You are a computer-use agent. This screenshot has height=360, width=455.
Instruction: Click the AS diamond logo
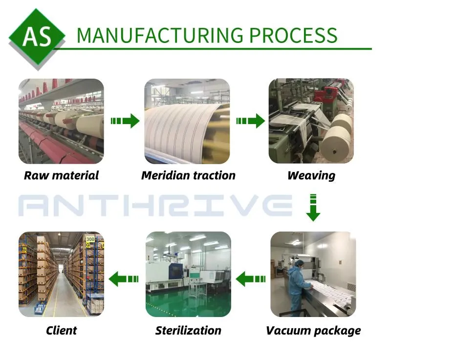coord(37,36)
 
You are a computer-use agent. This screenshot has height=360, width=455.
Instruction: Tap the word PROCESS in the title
coord(293,36)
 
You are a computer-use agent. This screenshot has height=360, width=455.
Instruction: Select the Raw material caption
coord(61,175)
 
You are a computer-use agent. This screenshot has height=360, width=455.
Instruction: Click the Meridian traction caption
coord(188,175)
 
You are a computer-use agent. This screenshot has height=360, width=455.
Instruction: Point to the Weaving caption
coord(311,175)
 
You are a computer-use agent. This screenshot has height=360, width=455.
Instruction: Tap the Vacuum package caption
coord(313,331)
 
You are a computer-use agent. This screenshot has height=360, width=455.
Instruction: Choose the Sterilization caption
coord(188,331)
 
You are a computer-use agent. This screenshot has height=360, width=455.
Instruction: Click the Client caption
coord(61,331)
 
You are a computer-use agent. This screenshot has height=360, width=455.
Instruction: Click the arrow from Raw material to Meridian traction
coord(125,121)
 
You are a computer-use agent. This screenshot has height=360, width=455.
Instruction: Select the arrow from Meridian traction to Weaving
coord(250,121)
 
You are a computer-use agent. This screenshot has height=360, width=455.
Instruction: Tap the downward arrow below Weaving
coord(313,208)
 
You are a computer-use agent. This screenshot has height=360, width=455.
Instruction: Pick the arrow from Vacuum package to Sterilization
coord(251,279)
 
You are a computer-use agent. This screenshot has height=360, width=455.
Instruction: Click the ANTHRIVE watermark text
coord(156,205)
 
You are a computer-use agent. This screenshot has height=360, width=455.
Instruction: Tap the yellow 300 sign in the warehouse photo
coord(90,239)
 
